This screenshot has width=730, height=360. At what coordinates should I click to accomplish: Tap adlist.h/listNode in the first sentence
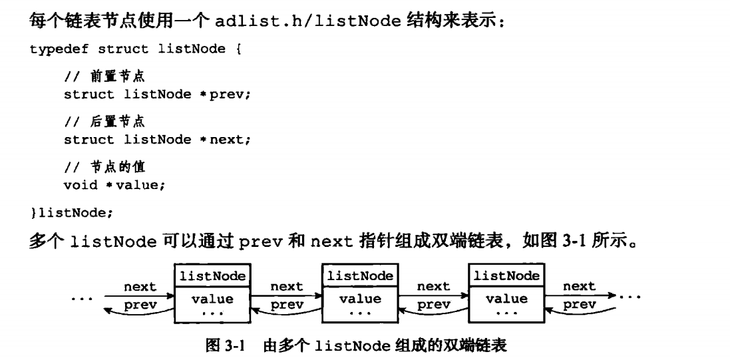click(307, 21)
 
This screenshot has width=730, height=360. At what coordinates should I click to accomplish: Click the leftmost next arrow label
click(140, 286)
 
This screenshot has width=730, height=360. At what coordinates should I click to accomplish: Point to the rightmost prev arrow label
click(579, 304)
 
